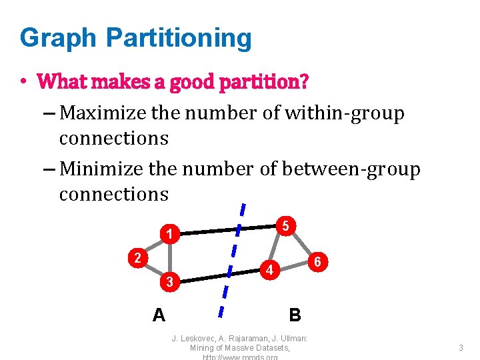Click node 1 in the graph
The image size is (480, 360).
click(x=171, y=234)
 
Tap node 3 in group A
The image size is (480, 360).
click(x=170, y=282)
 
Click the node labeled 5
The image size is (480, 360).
click(x=285, y=226)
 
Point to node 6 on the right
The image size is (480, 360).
click(x=318, y=262)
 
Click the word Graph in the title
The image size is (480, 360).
click(x=57, y=38)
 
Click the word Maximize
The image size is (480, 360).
click(x=103, y=113)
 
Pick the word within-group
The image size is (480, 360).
click(x=344, y=113)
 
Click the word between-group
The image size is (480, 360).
click(x=351, y=169)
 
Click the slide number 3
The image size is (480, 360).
click(x=461, y=347)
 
